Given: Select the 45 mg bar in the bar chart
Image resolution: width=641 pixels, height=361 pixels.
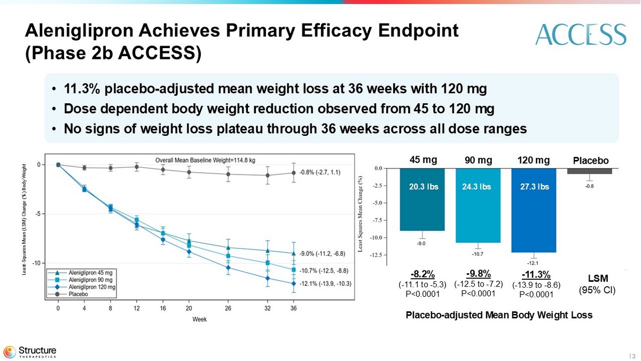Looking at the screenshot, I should pos(422,199).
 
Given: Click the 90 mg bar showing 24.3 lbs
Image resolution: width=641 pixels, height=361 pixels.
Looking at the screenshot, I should pos(478,205).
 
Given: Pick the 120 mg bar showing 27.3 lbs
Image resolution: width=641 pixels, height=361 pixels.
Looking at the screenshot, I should pos(534,210).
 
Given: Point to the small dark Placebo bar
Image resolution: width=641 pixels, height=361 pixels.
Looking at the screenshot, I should pos(589,171).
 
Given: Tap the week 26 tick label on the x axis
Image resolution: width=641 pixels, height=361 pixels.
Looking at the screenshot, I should pos(228,309).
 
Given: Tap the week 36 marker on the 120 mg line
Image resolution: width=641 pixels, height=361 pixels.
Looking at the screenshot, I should pos(293,284).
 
